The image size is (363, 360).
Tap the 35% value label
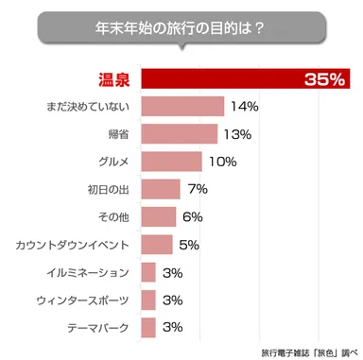(324, 80)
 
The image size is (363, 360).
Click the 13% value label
(237, 135)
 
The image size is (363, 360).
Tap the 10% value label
(222, 163)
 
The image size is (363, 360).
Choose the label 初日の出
(107, 190)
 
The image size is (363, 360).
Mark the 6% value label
(193, 217)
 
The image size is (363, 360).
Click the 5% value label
(189, 245)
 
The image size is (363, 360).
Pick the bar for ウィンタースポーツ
(147, 300)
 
